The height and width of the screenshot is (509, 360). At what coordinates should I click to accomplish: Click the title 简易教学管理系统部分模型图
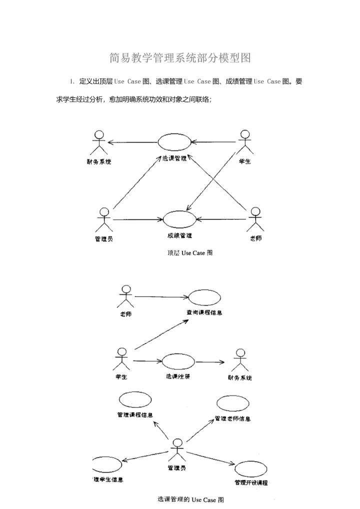[180, 58]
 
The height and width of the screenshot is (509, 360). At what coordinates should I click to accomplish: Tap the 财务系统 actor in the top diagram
[99, 143]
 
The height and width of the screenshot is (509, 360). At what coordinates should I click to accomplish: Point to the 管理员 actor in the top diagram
[103, 219]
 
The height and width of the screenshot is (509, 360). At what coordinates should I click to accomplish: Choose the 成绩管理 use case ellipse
[179, 219]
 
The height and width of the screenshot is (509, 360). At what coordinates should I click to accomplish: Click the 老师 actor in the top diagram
[255, 219]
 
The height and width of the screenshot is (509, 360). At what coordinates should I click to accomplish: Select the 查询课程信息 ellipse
[204, 297]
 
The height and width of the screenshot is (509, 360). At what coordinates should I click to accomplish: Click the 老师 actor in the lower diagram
[126, 296]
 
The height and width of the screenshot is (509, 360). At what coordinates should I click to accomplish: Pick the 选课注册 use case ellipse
[178, 361]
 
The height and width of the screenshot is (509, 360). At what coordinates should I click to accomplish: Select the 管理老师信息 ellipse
[233, 403]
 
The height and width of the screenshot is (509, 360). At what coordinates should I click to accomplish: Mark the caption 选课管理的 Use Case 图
[190, 499]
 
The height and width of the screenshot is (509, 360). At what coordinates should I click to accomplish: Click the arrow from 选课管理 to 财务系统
[133, 143]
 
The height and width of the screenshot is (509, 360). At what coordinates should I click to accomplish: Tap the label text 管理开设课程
[251, 483]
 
